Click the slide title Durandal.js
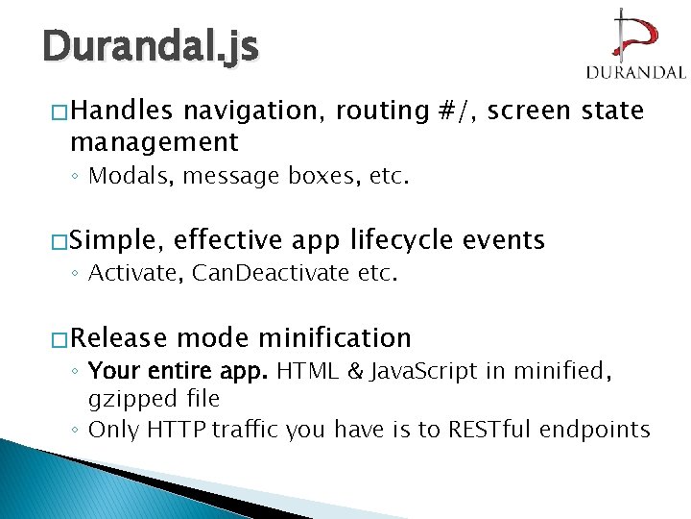pos(150,45)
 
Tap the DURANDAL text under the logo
pos(634,72)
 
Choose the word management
pos(154,143)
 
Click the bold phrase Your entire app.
pos(178,371)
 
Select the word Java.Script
pos(413,371)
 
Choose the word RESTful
pos(492,430)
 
